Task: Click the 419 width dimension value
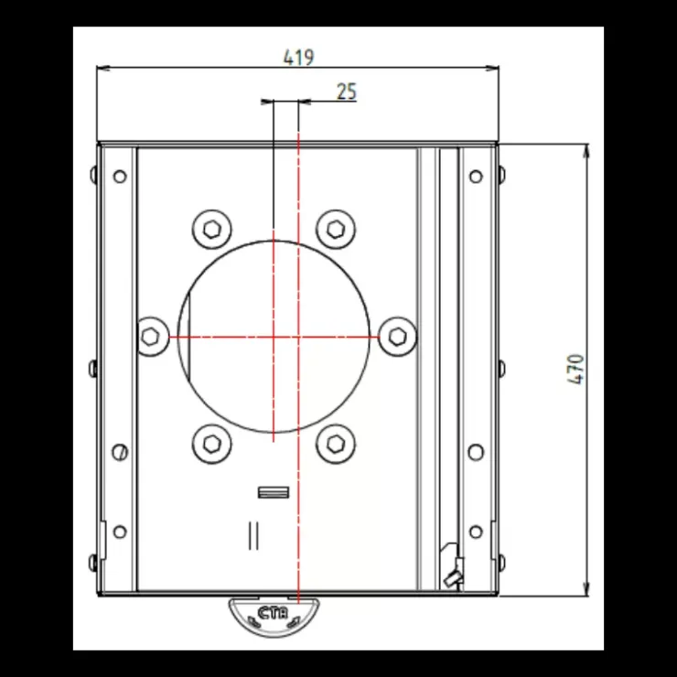(298, 58)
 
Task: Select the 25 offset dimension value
(347, 91)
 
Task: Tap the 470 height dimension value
(576, 370)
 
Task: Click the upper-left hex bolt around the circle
(211, 230)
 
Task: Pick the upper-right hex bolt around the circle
(336, 230)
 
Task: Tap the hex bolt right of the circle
(397, 337)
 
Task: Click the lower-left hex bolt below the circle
(211, 444)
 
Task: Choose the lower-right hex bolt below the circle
(336, 444)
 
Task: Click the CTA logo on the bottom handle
(273, 613)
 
